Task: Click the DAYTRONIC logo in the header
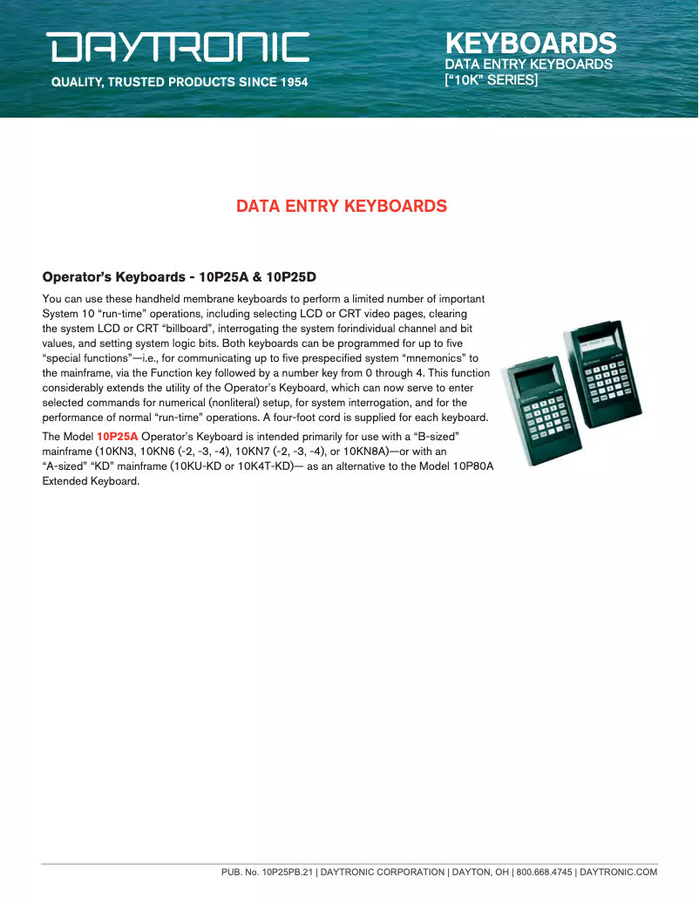pyautogui.click(x=178, y=47)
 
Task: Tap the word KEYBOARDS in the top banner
pyautogui.click(x=531, y=43)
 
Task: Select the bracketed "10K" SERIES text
pyautogui.click(x=492, y=79)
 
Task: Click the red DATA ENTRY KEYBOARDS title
pyautogui.click(x=342, y=207)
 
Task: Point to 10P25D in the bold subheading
pyautogui.click(x=292, y=277)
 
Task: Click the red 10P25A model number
pyautogui.click(x=117, y=435)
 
